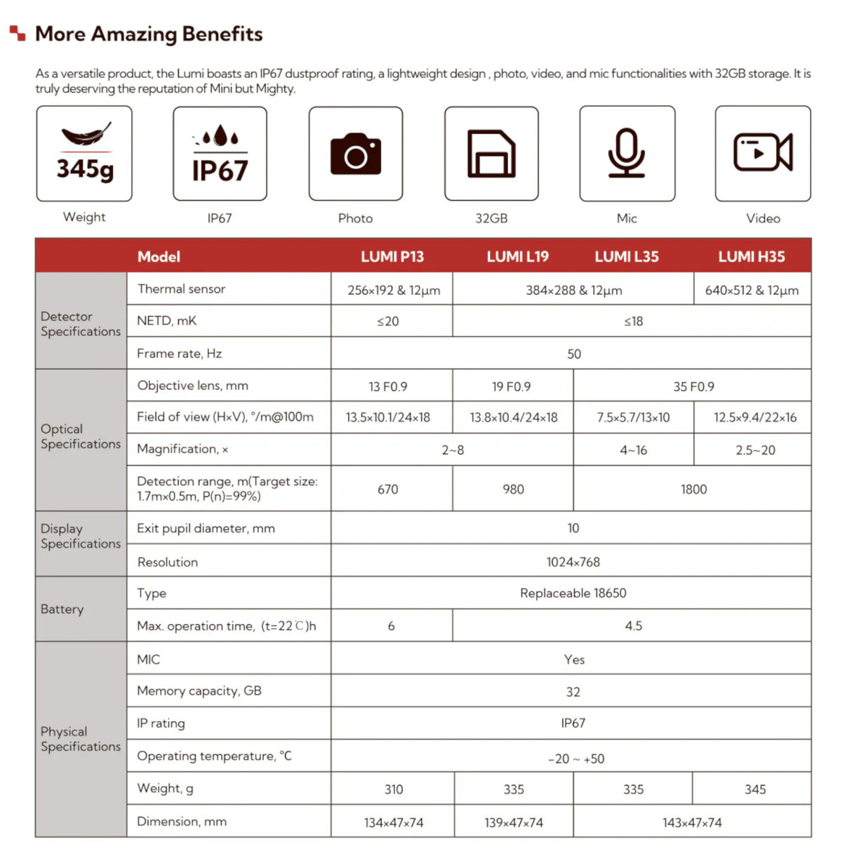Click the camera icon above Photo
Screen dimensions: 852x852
[x=356, y=154]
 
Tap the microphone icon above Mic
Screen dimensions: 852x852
[x=627, y=153]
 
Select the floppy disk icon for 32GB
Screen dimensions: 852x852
[x=491, y=154]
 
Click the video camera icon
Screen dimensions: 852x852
[x=763, y=152]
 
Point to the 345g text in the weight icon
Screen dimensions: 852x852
[x=85, y=169]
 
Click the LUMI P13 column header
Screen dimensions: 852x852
[x=392, y=257]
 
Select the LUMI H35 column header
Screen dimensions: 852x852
[x=751, y=257]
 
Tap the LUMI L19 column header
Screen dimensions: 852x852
[x=518, y=257]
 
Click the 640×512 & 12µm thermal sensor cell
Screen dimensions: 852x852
[x=752, y=291]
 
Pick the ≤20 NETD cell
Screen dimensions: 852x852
[x=388, y=321]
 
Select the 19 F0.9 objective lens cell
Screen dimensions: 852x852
[x=511, y=387]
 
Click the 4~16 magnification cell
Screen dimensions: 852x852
[x=633, y=451]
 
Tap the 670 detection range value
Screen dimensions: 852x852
[x=388, y=489]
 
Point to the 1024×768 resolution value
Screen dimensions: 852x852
[x=573, y=562]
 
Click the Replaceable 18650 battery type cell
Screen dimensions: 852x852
[x=573, y=593]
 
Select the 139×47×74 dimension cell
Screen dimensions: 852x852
[x=514, y=823]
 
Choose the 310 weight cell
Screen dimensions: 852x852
[x=394, y=790]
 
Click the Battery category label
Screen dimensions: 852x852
[x=62, y=609]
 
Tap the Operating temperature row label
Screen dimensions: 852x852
[x=214, y=756]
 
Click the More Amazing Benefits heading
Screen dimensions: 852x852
[x=149, y=34]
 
